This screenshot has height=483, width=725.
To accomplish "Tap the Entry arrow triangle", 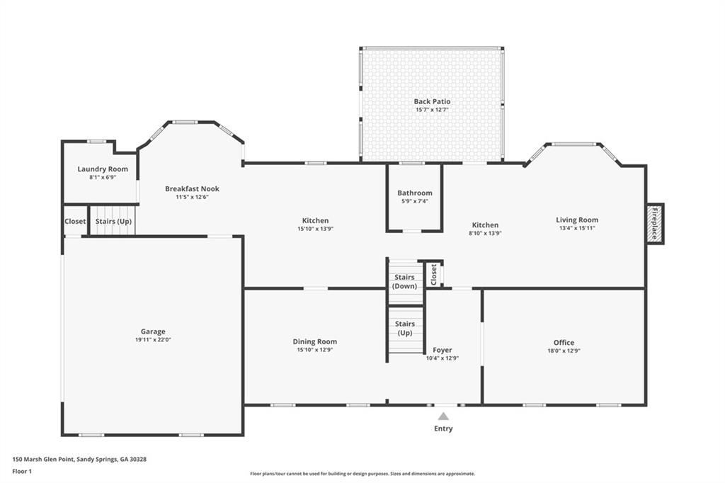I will click(x=443, y=416).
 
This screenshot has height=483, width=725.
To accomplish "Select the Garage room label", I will click(x=153, y=331).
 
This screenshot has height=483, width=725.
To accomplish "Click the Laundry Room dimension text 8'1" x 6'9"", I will click(x=103, y=177).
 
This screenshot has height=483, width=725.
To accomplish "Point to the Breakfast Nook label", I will click(x=192, y=188).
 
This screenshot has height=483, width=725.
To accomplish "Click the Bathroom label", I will click(x=414, y=193).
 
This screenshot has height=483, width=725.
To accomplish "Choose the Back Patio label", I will click(x=432, y=101).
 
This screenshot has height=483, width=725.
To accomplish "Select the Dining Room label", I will click(x=315, y=341).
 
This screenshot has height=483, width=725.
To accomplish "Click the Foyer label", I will click(x=443, y=350).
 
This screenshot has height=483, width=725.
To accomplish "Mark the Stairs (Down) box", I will click(x=405, y=281).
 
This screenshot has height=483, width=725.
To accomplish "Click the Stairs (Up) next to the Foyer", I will click(x=405, y=328).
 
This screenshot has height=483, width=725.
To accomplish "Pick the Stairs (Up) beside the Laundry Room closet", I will click(x=113, y=221).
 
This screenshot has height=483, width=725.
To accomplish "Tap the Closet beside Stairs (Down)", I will click(x=434, y=275).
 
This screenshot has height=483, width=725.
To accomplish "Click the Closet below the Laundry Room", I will click(x=75, y=221).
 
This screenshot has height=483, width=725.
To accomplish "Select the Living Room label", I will click(x=577, y=220).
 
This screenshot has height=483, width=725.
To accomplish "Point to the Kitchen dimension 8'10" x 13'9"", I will click(x=485, y=233).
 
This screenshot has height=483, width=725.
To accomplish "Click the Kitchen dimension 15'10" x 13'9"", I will click(x=315, y=229).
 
